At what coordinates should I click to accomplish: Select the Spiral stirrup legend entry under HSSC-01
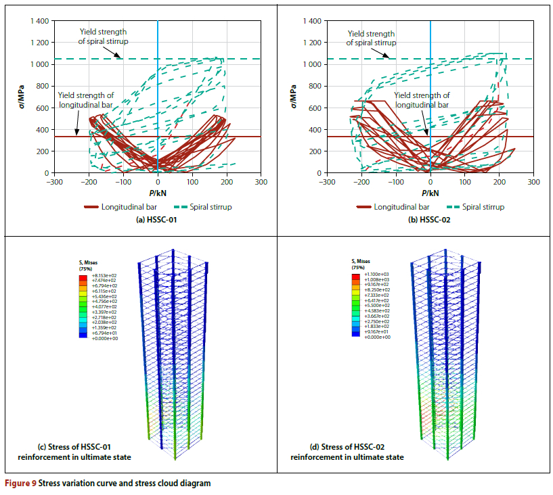tap(204, 207)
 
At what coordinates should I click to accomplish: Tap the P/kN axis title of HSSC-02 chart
tap(430, 191)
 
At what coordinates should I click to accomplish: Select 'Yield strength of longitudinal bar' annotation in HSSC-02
tap(422, 100)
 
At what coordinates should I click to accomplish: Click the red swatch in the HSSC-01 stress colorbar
tap(83, 277)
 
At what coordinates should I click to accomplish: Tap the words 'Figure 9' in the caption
tap(20, 484)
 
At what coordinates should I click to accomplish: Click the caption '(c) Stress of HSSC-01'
tap(79, 448)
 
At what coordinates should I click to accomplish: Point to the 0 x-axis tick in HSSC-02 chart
tap(430, 182)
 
